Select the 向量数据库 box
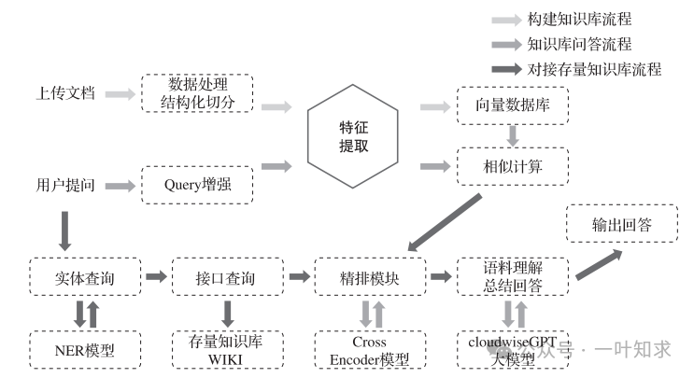click(x=512, y=107)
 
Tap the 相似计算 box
click(x=512, y=166)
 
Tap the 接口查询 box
click(x=227, y=277)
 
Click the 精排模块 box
click(x=370, y=277)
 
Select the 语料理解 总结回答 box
click(x=512, y=277)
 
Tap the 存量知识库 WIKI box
click(x=227, y=351)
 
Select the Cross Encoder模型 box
click(x=370, y=351)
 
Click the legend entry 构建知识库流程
click(x=579, y=19)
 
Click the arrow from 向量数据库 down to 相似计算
click(x=512, y=136)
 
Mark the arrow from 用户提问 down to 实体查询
click(x=65, y=230)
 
